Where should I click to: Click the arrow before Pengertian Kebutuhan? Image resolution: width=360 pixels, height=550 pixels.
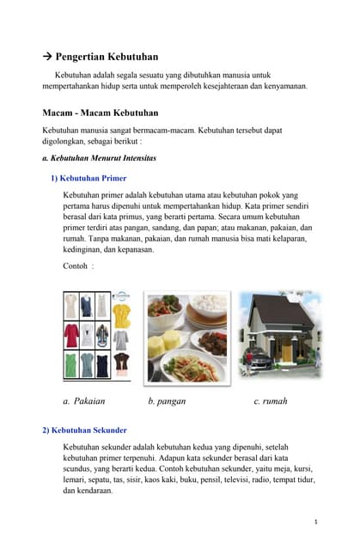[47, 57]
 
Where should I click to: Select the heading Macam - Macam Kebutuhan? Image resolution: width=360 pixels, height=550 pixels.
[100, 113]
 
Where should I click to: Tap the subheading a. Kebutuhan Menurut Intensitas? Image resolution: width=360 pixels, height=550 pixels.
[99, 159]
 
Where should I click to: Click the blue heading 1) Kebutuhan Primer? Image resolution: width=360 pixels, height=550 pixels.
[88, 179]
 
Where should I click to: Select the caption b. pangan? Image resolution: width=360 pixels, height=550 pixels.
[167, 401]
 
